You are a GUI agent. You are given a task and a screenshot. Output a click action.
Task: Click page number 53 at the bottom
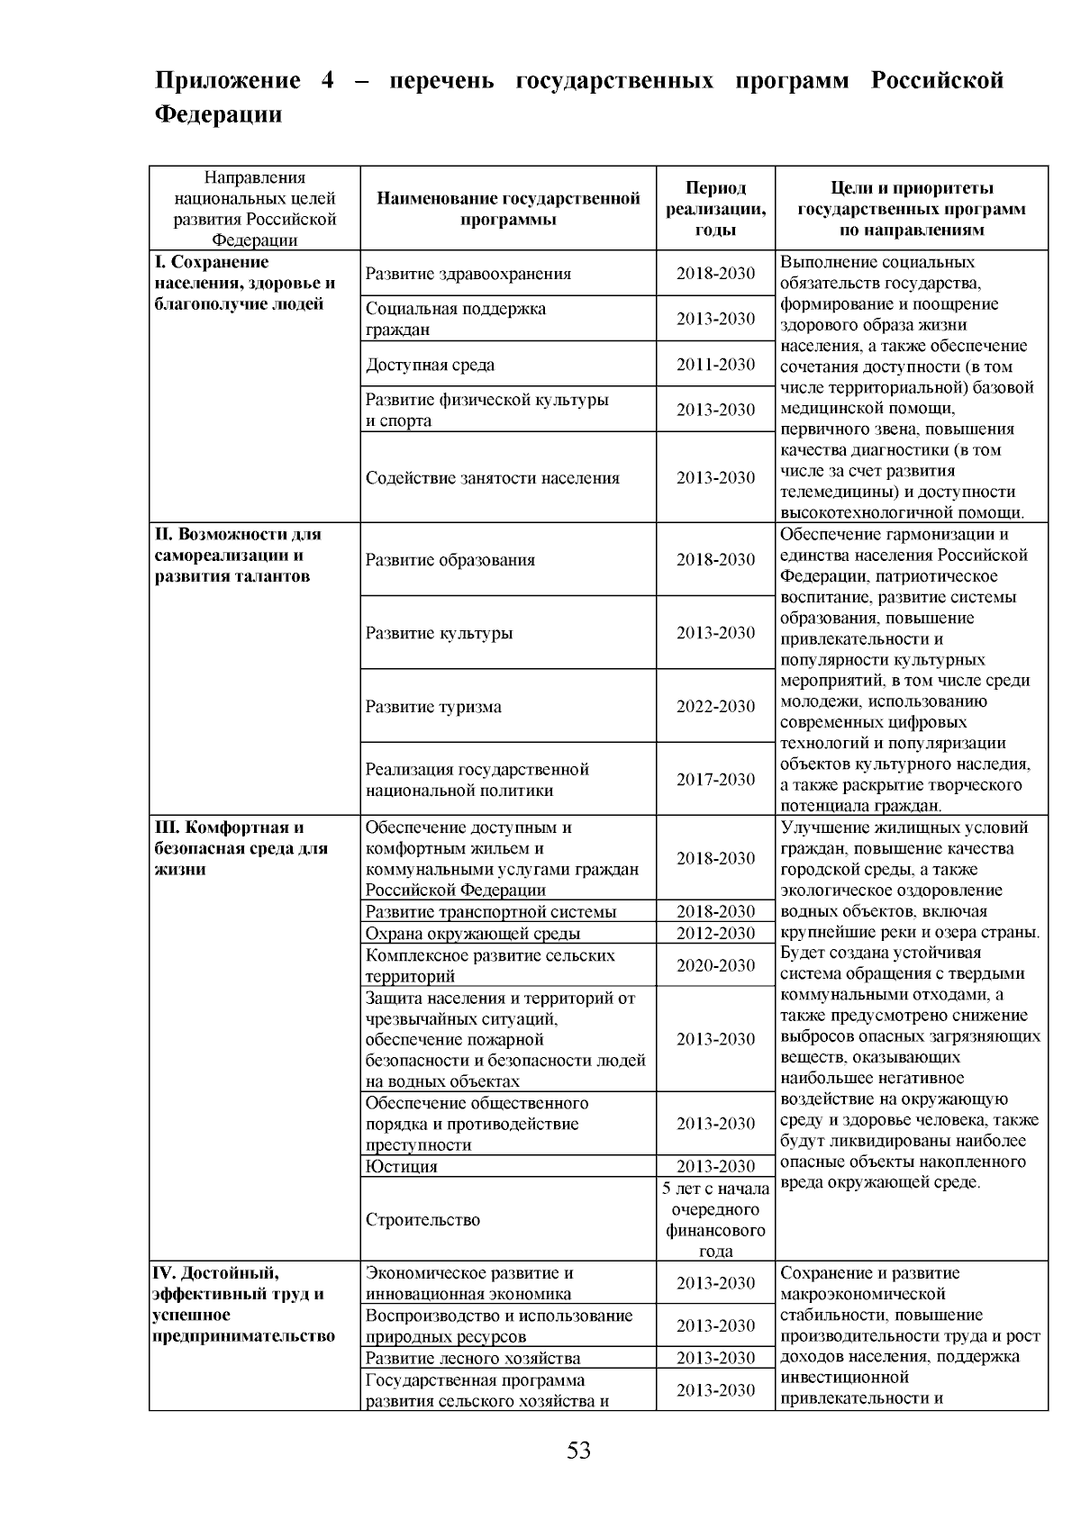tap(578, 1451)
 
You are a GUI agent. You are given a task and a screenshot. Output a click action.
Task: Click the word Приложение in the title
tap(227, 81)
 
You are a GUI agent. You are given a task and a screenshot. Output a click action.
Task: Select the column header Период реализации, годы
tap(715, 209)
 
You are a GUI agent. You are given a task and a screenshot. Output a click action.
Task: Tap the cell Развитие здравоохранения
tap(468, 274)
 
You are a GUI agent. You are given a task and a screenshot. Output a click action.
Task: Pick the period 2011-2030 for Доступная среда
tap(715, 365)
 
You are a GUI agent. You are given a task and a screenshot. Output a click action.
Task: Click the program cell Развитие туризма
tap(433, 707)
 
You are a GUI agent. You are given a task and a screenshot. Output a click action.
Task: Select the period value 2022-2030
tap(715, 707)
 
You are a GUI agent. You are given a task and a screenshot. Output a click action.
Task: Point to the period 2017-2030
tap(715, 780)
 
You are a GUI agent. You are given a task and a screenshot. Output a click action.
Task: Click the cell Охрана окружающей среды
tap(473, 934)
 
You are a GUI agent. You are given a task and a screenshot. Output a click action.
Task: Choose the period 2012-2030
tap(715, 934)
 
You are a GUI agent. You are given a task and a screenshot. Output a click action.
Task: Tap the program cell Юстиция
tap(402, 1167)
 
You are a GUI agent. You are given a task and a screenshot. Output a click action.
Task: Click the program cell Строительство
tap(422, 1220)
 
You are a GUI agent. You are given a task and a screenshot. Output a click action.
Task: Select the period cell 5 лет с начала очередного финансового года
tap(715, 1220)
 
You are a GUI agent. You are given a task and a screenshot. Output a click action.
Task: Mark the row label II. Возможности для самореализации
tap(238, 556)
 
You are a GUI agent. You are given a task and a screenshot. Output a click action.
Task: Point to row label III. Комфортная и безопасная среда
tap(241, 848)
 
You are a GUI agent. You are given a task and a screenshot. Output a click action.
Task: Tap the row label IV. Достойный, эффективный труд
tap(241, 1305)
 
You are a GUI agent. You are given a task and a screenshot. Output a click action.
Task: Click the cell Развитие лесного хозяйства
tap(473, 1359)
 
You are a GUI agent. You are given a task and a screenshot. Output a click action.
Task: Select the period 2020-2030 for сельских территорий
tap(715, 966)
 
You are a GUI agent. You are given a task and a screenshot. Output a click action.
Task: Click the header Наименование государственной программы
tap(508, 209)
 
